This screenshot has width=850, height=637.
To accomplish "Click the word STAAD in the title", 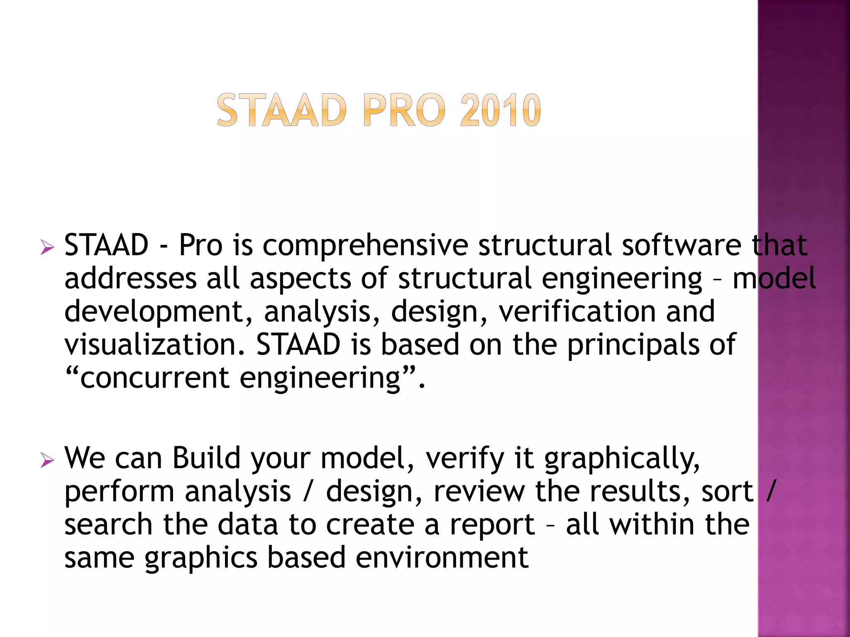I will click(281, 110).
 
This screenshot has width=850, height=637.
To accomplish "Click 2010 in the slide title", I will click(500, 110).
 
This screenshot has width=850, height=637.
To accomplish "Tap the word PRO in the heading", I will click(404, 110).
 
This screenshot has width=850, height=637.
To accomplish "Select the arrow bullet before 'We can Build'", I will click(47, 460).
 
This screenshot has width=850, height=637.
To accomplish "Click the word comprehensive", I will click(365, 246).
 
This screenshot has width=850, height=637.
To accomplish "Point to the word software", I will click(681, 246).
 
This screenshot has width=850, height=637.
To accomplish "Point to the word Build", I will click(206, 458).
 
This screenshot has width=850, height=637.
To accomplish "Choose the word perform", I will click(119, 492).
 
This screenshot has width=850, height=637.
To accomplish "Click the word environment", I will click(442, 557).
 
